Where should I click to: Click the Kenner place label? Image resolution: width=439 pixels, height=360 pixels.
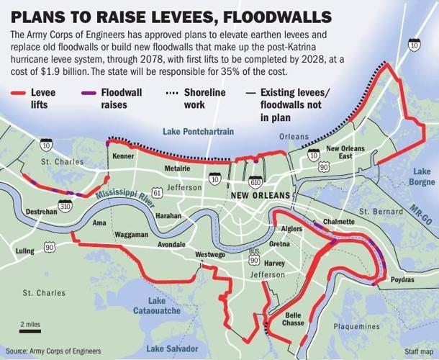click(124, 155)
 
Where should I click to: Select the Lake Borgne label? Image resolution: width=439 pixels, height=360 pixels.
click(421, 176)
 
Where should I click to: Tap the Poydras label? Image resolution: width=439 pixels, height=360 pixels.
click(402, 279)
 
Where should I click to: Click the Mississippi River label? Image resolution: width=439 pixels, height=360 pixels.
click(127, 198)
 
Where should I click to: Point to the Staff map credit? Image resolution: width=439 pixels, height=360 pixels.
click(418, 351)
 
